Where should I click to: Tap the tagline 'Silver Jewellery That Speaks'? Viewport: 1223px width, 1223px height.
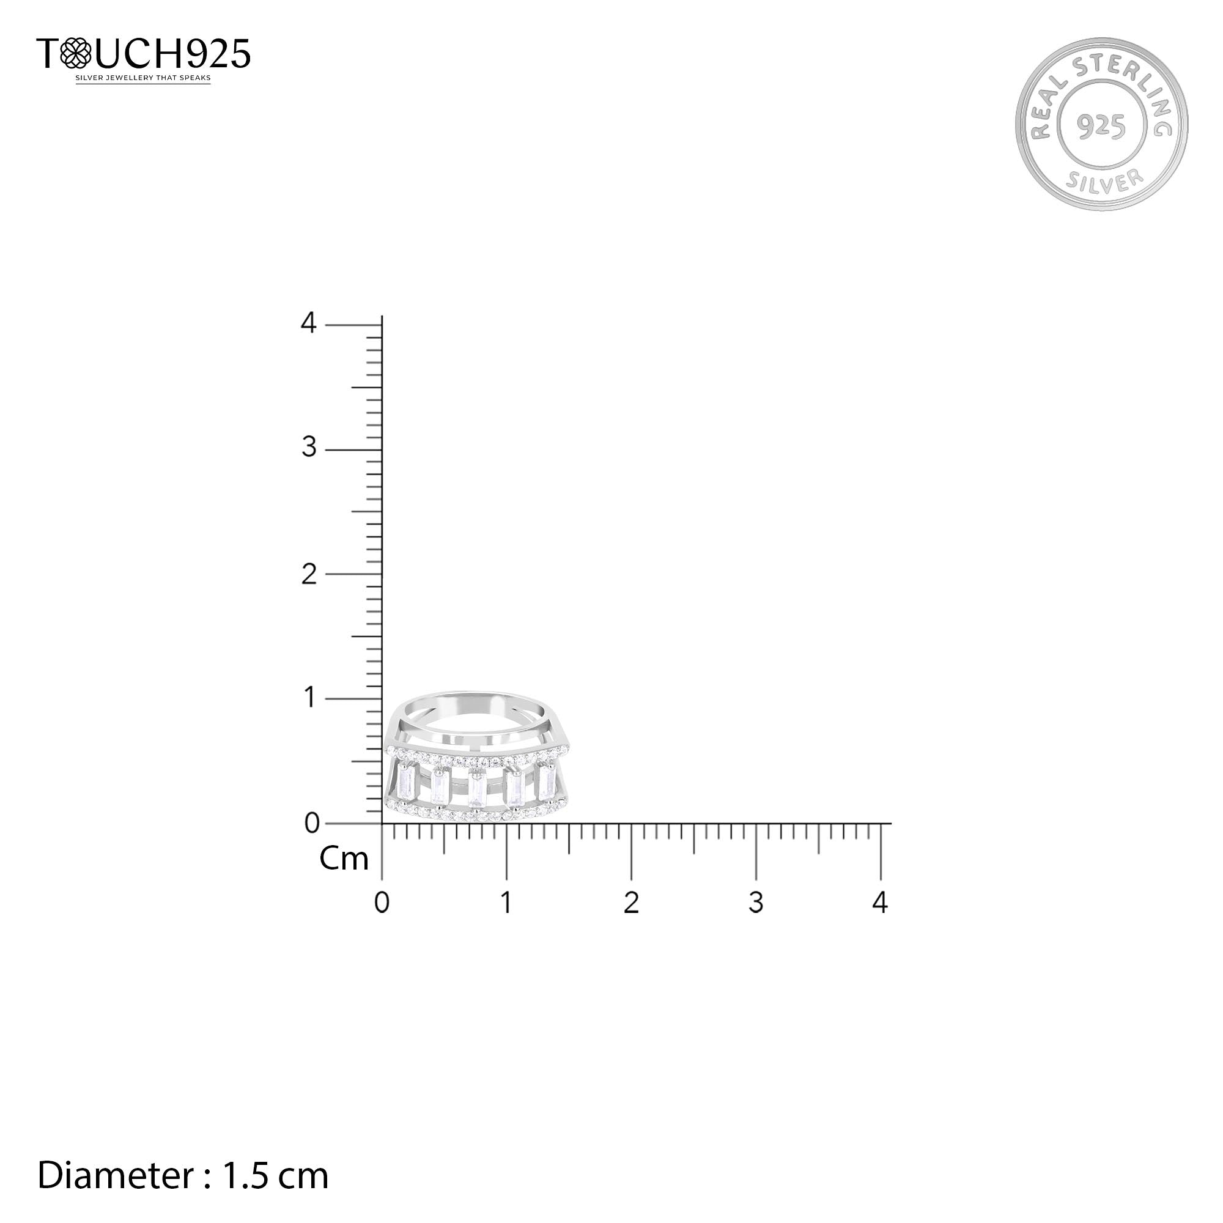(143, 78)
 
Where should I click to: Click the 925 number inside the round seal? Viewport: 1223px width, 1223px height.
(1101, 127)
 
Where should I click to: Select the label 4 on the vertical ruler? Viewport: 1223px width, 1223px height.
(308, 323)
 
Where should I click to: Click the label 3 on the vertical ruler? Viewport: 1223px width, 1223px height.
(309, 448)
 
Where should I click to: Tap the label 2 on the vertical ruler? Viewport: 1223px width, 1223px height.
(309, 574)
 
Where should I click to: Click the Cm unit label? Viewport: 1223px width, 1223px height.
(344, 859)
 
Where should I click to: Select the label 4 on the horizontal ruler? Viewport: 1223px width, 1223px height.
(881, 901)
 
